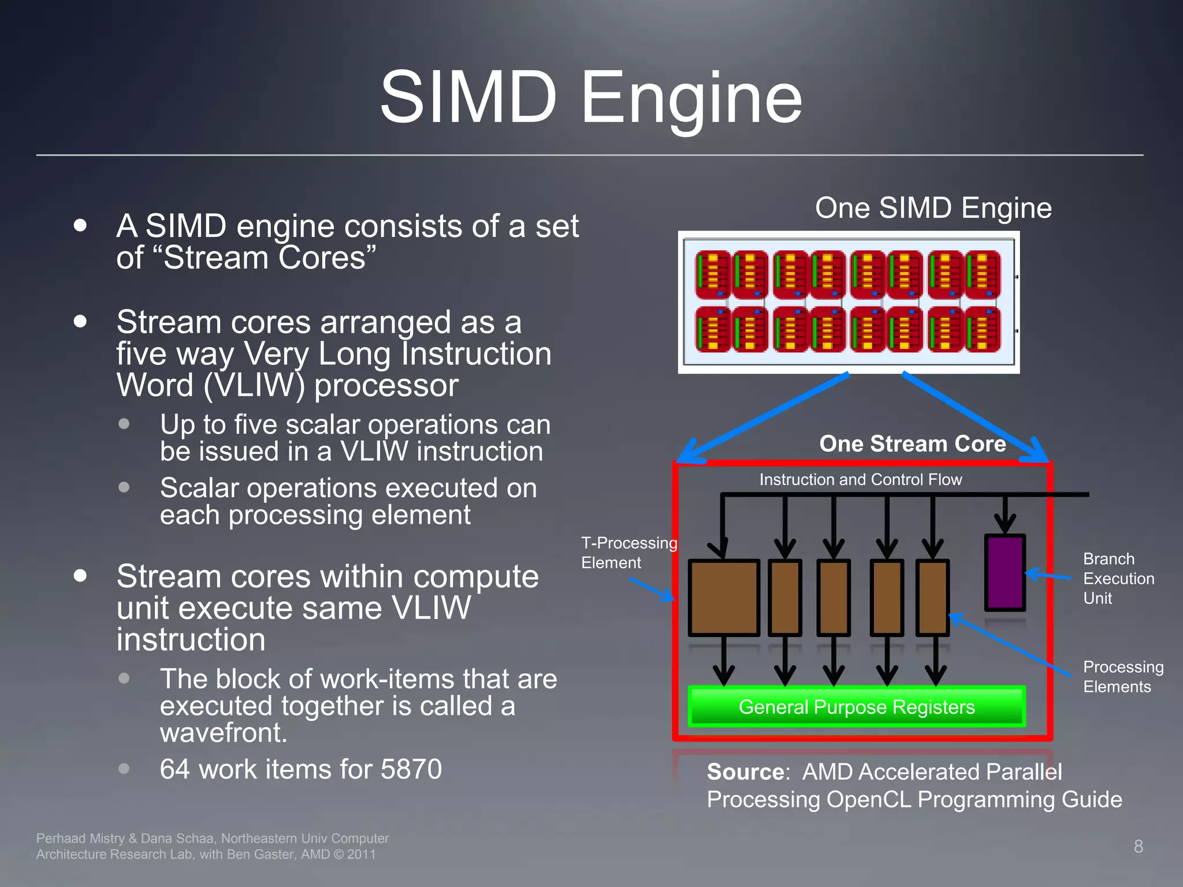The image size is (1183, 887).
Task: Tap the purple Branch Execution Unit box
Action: point(1005,572)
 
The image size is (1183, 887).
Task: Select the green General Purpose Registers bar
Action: point(857,706)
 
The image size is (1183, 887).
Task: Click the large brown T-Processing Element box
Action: point(724,598)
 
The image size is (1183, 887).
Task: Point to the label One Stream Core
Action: point(912,443)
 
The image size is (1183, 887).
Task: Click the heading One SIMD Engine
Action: point(933,208)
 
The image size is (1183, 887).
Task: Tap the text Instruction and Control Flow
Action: point(860,479)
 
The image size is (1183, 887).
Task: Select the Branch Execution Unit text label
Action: point(1118,578)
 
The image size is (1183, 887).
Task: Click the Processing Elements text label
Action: point(1122,677)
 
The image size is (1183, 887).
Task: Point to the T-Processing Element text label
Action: point(628,553)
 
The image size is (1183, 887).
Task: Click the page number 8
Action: point(1138,846)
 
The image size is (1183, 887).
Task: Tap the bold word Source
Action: point(745,772)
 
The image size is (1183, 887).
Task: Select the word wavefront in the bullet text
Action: point(223,732)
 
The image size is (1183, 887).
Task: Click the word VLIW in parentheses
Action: point(254,385)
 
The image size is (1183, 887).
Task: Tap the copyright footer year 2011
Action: point(361,854)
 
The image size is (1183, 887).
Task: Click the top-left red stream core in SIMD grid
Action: point(713,274)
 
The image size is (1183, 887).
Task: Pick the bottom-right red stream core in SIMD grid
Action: point(983,329)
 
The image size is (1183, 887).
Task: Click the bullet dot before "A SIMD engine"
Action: point(80,225)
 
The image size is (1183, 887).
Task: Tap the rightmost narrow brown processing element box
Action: point(932,598)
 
